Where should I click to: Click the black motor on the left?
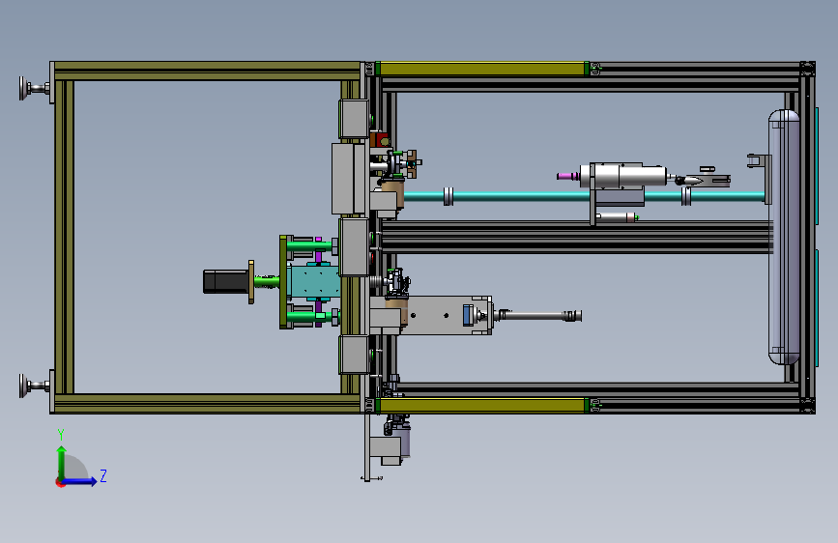[x=226, y=282]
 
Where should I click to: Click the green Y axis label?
[x=61, y=435]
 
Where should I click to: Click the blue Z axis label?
[x=103, y=475]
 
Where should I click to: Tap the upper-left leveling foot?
[x=34, y=88]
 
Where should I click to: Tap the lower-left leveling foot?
[x=34, y=386]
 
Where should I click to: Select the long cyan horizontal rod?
[x=584, y=196]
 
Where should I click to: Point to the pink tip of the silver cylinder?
[x=566, y=176]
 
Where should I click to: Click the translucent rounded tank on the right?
[x=784, y=236]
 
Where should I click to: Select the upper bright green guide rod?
[x=309, y=245]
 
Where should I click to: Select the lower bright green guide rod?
[x=309, y=317]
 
